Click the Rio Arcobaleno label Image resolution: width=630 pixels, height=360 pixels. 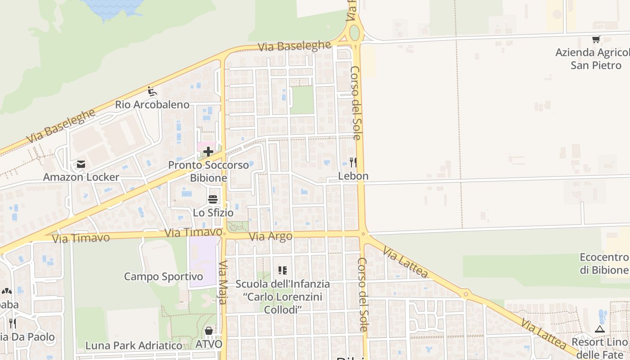click(x=152, y=105)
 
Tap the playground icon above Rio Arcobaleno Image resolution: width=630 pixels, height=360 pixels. click(x=152, y=92)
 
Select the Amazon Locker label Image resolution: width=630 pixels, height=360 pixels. click(x=81, y=177)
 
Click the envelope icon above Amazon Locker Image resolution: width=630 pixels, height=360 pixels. click(x=81, y=165)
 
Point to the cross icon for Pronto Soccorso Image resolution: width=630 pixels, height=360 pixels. click(x=208, y=152)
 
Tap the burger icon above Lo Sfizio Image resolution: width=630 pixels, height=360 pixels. click(x=213, y=199)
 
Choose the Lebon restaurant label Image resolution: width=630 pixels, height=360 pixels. click(x=353, y=176)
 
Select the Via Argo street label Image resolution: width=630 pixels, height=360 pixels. click(x=271, y=236)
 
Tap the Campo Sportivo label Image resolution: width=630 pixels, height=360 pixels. click(x=163, y=276)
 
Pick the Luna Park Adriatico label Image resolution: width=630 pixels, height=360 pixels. click(x=134, y=346)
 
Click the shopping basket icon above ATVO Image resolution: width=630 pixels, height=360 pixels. click(x=209, y=331)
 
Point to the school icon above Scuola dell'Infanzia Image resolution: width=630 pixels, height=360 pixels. click(x=283, y=270)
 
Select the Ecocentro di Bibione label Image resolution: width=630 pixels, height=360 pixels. click(x=603, y=264)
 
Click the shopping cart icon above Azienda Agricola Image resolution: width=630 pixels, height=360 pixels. click(x=596, y=40)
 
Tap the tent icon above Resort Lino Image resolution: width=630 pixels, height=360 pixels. click(x=599, y=329)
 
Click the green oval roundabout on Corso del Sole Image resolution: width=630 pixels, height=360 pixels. click(x=355, y=32)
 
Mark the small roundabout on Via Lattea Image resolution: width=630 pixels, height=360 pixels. click(x=466, y=295)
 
